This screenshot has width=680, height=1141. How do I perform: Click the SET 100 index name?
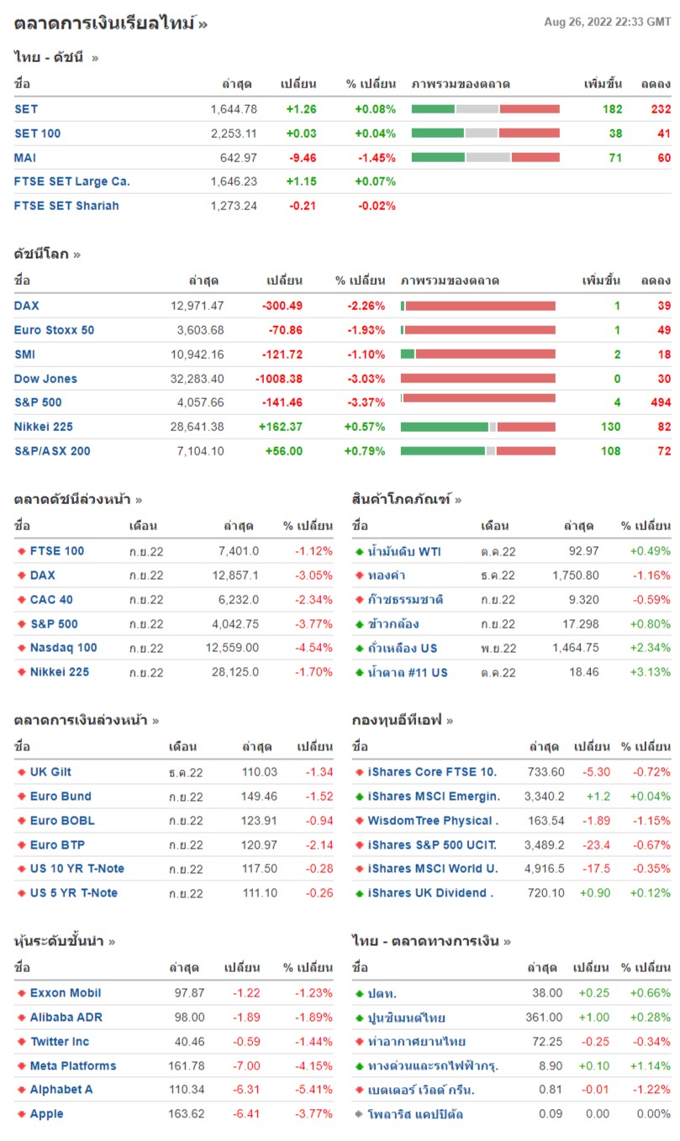point(38,133)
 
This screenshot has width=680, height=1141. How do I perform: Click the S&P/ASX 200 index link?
point(52,451)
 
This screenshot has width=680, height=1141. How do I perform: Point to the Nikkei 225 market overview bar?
point(477,427)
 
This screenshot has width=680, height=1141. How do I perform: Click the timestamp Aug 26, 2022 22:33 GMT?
point(607,22)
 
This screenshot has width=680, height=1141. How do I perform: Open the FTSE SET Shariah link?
point(66,206)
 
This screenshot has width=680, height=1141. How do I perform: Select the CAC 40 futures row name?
point(51,600)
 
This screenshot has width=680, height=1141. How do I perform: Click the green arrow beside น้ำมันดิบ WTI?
point(359,552)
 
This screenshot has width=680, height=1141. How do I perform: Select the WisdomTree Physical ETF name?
point(433,821)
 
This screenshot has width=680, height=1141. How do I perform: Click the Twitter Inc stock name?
point(60,1042)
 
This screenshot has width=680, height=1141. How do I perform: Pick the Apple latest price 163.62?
point(187,1114)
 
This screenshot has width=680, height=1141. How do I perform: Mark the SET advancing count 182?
point(612,109)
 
